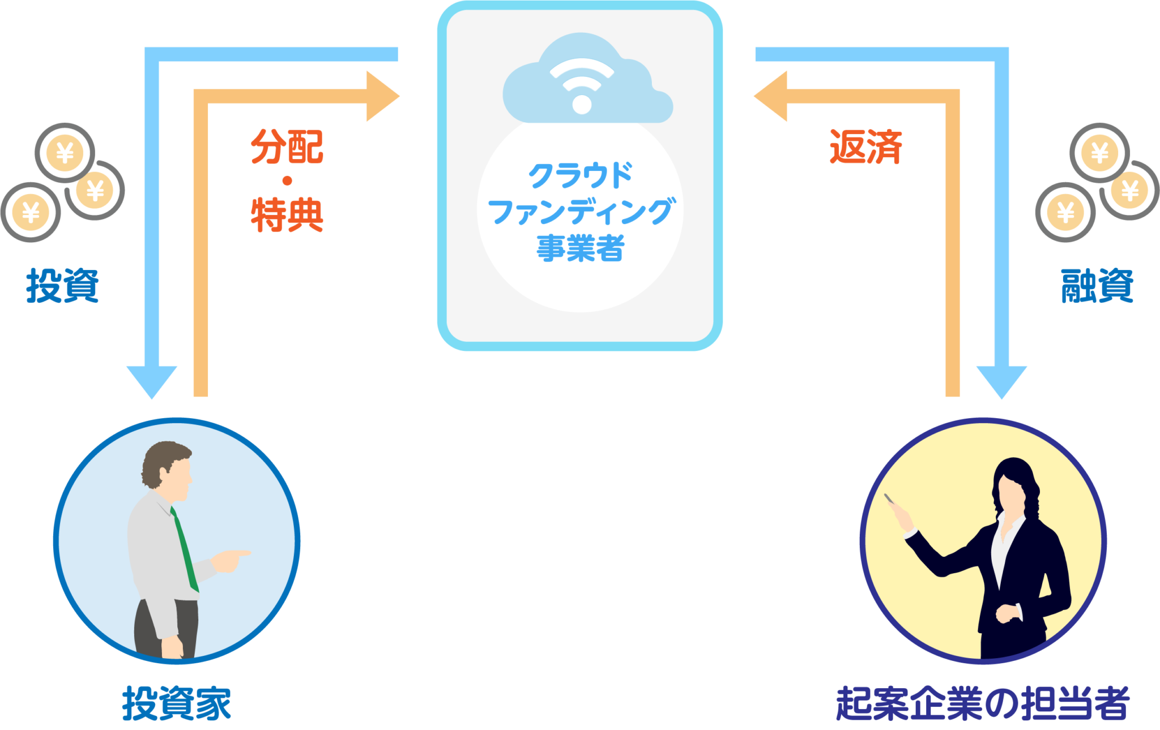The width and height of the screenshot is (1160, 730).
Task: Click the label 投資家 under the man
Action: pos(176,703)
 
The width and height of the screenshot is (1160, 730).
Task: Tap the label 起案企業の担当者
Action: pos(983,703)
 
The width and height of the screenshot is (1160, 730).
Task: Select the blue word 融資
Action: pos(1097,286)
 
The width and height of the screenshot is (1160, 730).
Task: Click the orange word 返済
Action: pos(865,147)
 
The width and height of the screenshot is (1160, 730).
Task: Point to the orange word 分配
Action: pos(287,147)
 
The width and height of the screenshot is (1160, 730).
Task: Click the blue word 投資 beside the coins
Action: pos(62,286)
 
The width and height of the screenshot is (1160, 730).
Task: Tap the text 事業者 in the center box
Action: pos(580,248)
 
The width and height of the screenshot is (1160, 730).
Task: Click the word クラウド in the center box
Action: pos(580,175)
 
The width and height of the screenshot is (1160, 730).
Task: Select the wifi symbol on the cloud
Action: pos(582,85)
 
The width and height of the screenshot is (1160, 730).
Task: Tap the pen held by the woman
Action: pos(892,499)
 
